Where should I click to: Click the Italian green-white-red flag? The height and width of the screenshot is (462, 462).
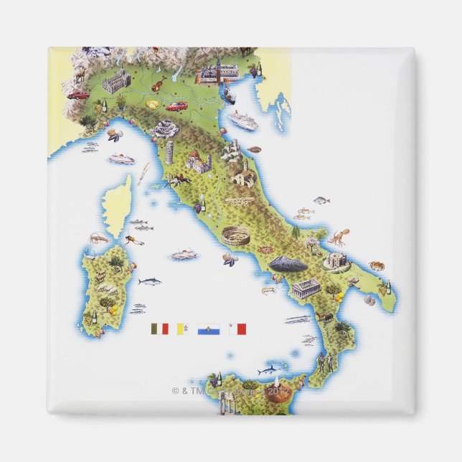click(x=159, y=329)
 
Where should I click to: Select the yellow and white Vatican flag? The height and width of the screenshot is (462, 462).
click(x=183, y=329)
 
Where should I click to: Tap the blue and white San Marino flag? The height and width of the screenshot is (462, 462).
click(x=209, y=329)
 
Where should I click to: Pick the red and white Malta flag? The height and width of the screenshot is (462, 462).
click(x=237, y=329)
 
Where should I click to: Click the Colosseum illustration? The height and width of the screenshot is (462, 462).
click(x=236, y=237)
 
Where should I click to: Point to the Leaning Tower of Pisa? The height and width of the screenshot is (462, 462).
click(x=170, y=153)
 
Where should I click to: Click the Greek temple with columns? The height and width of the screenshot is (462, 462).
click(x=306, y=288)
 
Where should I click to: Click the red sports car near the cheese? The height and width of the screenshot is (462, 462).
click(x=176, y=106)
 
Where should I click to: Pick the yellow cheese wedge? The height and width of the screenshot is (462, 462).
click(x=152, y=104)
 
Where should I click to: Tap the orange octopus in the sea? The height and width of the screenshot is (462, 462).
click(x=339, y=236)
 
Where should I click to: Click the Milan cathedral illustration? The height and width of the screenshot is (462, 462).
click(x=116, y=82)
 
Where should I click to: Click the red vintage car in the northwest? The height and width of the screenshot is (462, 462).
click(x=79, y=94)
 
